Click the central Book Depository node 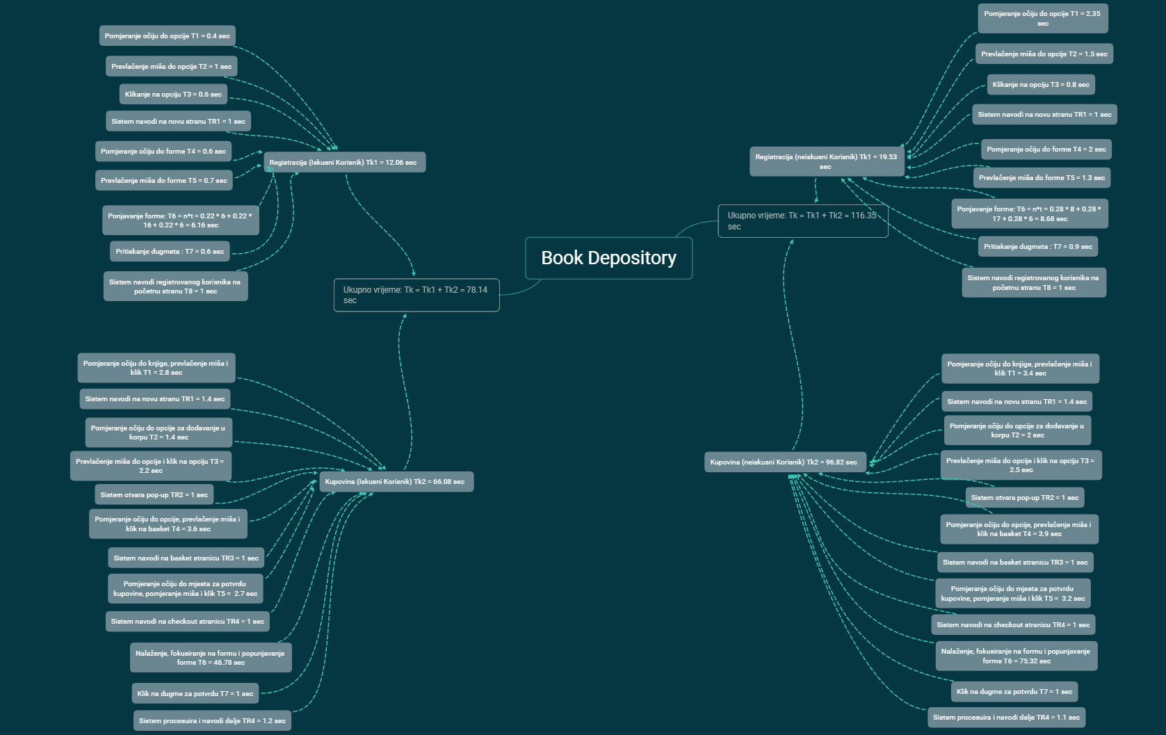coord(608,258)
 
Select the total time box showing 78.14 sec coord(416,295)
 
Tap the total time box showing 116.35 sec coord(802,221)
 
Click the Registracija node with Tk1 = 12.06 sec coord(343,163)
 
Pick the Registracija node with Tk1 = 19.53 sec coord(826,161)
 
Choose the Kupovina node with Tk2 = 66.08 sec coord(396,481)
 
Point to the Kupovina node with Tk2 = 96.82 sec coord(784,462)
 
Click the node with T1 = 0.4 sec coord(167,36)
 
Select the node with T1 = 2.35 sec coord(1042,19)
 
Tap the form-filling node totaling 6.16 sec coord(180,220)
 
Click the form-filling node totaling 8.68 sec coord(1029,213)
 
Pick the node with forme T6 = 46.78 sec coord(210,658)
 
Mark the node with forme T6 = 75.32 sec coord(1016,656)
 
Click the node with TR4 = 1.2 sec coord(212,720)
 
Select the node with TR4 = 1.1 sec coord(1006,717)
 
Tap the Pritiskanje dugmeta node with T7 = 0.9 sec coord(1037,246)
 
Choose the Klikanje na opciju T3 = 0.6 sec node coord(173,95)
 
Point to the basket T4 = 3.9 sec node coord(1019,529)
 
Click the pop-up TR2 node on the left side coord(154,495)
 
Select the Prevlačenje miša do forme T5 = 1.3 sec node coord(1042,178)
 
